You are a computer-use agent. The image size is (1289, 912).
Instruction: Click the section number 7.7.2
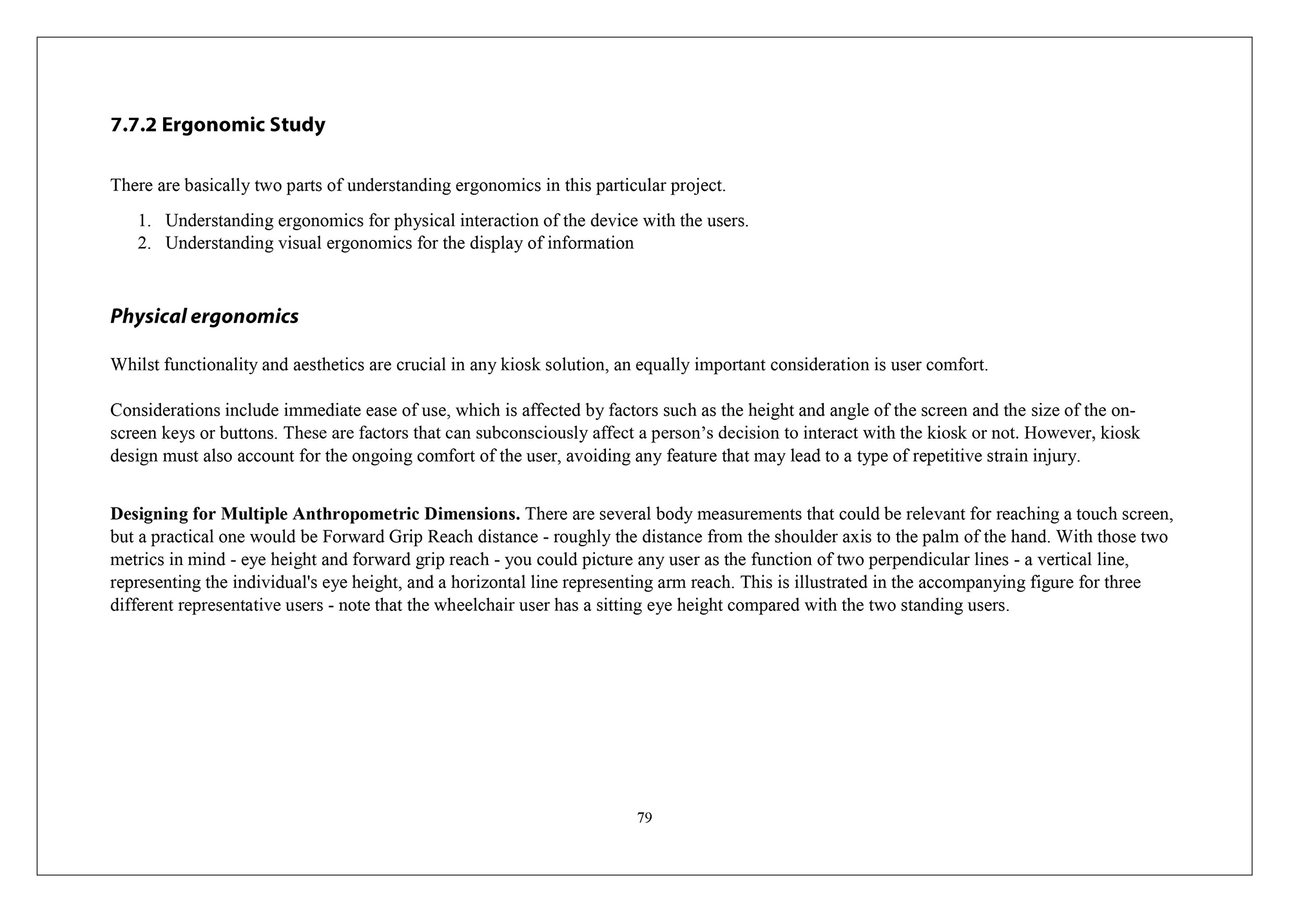click(x=133, y=124)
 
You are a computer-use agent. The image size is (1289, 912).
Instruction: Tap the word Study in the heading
click(x=297, y=124)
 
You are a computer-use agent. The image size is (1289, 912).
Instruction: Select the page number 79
click(x=644, y=818)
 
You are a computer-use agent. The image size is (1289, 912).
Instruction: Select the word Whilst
click(x=134, y=365)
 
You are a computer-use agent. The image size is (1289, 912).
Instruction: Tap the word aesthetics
click(x=329, y=365)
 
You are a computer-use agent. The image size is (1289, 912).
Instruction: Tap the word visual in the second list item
click(x=300, y=243)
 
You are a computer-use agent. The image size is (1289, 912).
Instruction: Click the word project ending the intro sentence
click(x=697, y=186)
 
